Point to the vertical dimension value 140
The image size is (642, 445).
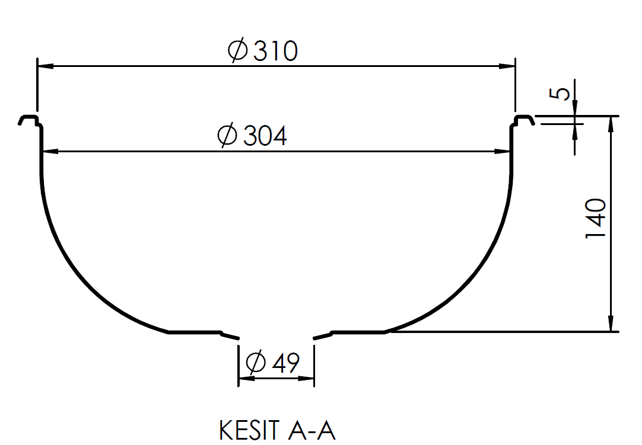pos(596,219)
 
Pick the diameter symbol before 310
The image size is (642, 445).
pos(238,52)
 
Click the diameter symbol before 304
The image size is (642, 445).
pos(227,136)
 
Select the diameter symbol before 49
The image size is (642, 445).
pos(255,361)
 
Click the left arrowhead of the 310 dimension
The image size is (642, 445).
pos(44,66)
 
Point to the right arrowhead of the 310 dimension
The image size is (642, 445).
pos(508,66)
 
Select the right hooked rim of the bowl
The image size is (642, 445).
pos(523,120)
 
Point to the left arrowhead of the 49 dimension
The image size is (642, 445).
pos(243,378)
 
